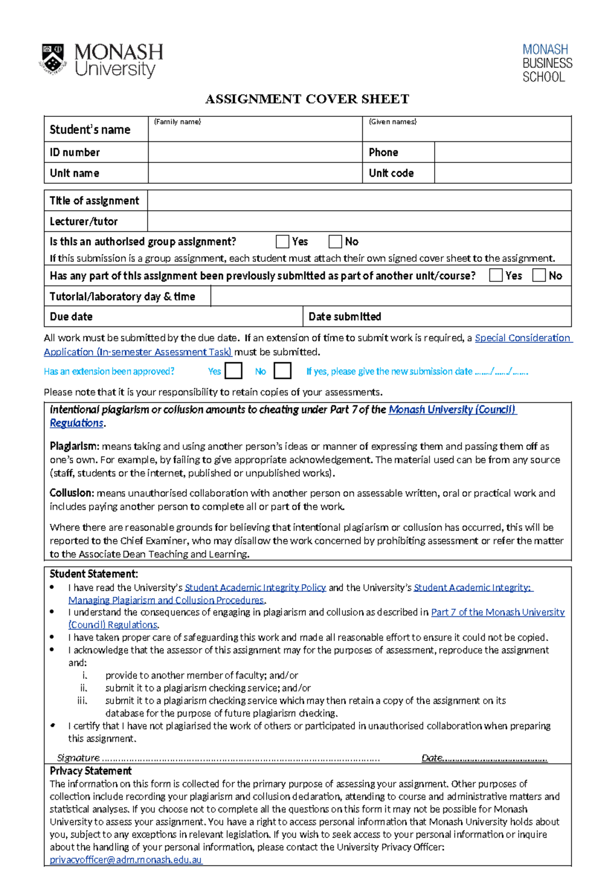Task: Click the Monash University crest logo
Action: point(53,59)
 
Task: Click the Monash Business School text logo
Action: point(547,63)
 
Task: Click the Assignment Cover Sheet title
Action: point(307,99)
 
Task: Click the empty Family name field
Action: point(255,131)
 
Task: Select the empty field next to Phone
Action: point(502,152)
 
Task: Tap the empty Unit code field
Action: point(502,173)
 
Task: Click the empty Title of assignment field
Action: point(359,200)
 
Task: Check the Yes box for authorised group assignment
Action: point(282,241)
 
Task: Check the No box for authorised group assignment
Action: point(335,241)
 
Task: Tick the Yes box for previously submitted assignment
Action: point(496,275)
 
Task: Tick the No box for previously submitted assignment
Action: point(539,275)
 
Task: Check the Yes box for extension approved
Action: point(233,370)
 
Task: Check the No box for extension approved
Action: point(282,370)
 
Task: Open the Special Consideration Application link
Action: point(522,338)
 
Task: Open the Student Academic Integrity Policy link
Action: point(255,588)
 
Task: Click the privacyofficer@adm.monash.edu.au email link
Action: point(126,860)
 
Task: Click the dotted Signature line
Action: point(241,758)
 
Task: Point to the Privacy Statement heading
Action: point(91,771)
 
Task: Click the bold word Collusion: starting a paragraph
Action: point(72,493)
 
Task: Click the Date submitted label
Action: point(344,317)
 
